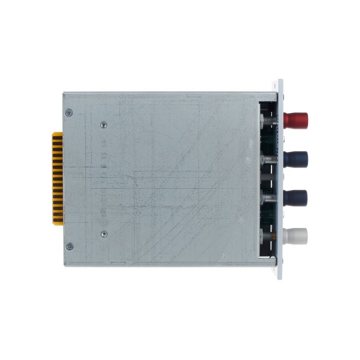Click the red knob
coord(296,121)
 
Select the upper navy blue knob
coord(296,159)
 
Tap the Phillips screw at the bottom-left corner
coord(69,247)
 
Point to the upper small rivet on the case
coord(104,125)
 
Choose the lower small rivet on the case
coord(104,234)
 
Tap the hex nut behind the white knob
coord(262,236)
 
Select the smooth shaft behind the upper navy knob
coord(270,159)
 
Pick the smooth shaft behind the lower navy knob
coord(270,198)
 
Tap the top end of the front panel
coord(280,82)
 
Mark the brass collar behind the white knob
coord(275,236)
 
